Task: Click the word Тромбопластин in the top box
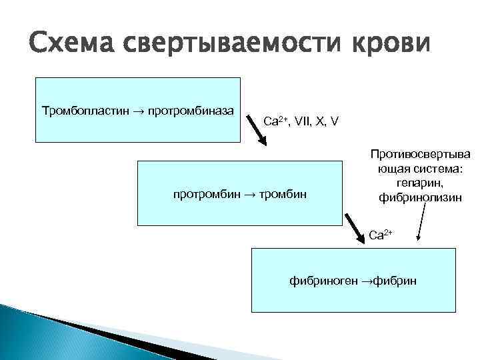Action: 81,109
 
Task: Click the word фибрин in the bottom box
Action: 395,281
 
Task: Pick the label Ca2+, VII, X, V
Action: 301,121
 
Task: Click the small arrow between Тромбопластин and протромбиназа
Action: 141,109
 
